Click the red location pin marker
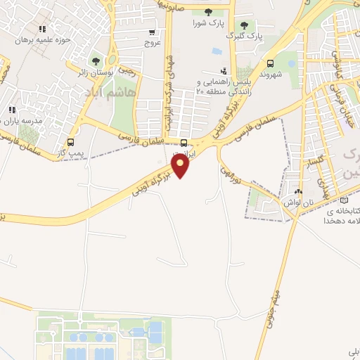[x=181, y=166]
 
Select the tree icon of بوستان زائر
[x=96, y=61]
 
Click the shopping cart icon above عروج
[x=152, y=32]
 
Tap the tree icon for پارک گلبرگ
[x=244, y=25]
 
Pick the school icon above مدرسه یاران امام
[x=12, y=110]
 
